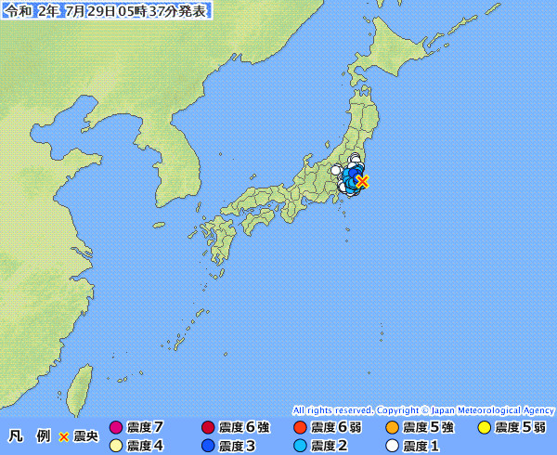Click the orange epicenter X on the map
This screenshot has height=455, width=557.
[x=362, y=181]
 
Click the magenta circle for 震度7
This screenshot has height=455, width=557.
[x=115, y=428]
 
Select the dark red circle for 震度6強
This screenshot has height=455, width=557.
[x=207, y=428]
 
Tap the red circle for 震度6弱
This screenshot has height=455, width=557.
[x=299, y=428]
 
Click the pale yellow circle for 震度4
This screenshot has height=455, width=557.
[x=115, y=446]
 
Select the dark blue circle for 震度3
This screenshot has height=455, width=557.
[x=207, y=446]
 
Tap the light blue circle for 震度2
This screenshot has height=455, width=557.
[x=299, y=446]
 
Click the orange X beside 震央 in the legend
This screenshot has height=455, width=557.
[x=64, y=436]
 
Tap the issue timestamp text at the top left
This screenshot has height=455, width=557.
[x=107, y=10]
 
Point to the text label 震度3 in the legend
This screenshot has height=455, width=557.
[x=237, y=446]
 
